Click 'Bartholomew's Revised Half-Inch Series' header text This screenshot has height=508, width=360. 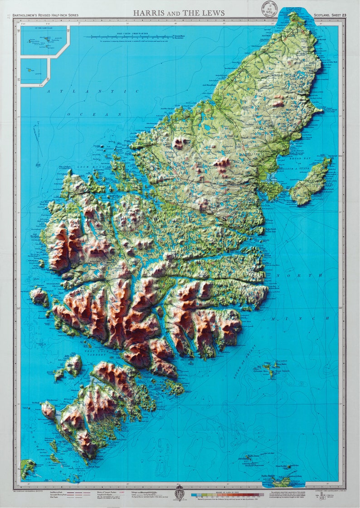coord(45,15)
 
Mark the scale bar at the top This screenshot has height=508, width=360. coord(120,36)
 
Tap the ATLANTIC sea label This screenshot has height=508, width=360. coord(92,91)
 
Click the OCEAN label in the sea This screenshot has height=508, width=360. coord(94,114)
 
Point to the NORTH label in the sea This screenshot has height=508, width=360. coord(304,275)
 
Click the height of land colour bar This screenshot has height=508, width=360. coord(227,494)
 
